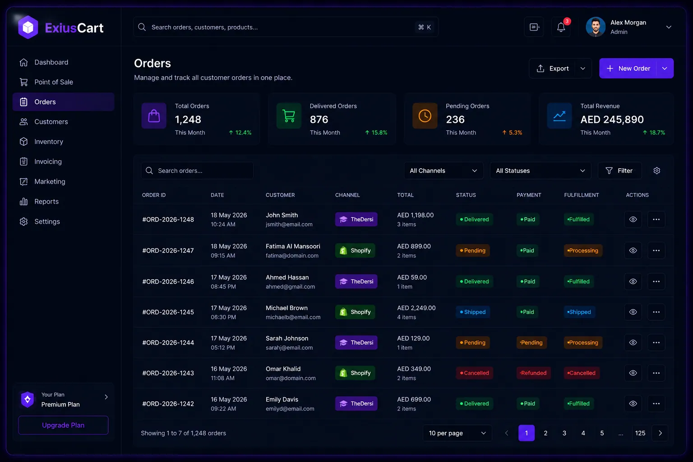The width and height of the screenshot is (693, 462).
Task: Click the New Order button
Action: point(628,69)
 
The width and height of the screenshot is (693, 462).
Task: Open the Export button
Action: point(553,69)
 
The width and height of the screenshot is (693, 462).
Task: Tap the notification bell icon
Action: point(561,27)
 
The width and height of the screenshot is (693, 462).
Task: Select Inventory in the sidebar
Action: point(49,142)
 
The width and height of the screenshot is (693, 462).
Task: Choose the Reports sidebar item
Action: point(46,201)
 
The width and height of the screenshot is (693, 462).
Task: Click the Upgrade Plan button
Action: point(63,425)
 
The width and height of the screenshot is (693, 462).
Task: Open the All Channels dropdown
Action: point(444,171)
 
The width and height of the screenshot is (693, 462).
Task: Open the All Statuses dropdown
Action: point(540,171)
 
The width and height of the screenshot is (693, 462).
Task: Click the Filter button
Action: point(619,171)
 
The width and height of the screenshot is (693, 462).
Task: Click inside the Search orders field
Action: point(197,171)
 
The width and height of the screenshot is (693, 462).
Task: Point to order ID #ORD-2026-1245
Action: point(168,312)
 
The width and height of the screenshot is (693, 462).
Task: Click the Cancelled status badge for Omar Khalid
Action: point(474,373)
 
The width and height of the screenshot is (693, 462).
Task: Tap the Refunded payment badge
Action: point(533,373)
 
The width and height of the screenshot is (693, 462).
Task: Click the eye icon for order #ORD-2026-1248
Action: point(633,219)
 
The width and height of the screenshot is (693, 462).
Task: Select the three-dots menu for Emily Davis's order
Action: point(656,403)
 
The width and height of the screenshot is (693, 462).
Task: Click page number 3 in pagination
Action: point(564,433)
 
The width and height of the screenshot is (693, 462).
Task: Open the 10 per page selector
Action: point(457,433)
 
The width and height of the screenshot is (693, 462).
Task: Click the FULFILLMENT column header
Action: point(581,195)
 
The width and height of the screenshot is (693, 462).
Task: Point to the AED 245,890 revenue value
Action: point(612,120)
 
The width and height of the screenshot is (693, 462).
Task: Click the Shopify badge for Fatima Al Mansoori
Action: point(355,251)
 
